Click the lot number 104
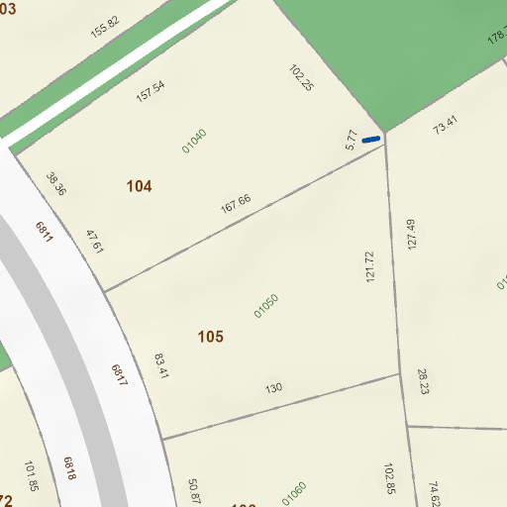(x=140, y=186)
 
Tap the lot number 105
(x=210, y=337)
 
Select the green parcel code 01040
(x=194, y=141)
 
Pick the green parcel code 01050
(x=265, y=305)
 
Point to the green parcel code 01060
(x=294, y=491)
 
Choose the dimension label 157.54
(x=151, y=91)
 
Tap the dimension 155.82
(x=104, y=27)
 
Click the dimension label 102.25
(x=301, y=78)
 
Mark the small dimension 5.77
(x=351, y=141)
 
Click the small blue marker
(x=371, y=140)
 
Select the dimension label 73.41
(x=446, y=125)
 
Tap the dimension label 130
(x=273, y=387)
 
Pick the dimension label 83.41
(x=162, y=365)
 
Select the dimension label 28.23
(x=423, y=382)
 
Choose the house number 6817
(x=119, y=376)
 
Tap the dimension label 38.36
(x=55, y=183)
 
